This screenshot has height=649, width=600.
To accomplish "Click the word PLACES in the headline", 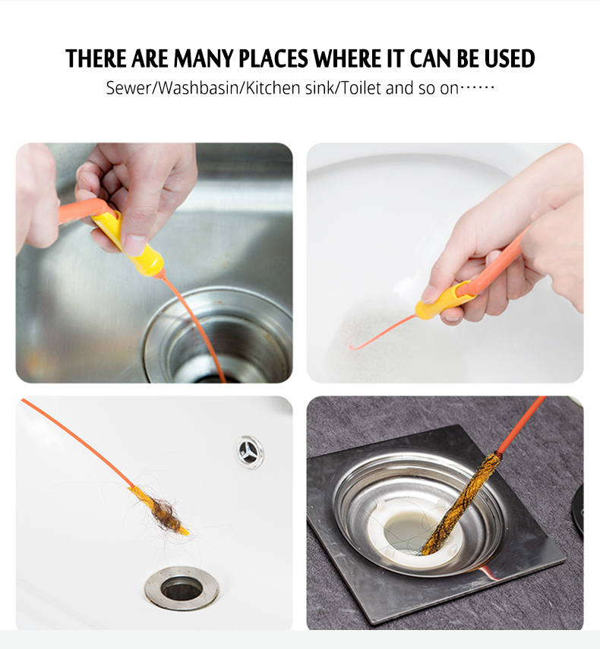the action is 273,58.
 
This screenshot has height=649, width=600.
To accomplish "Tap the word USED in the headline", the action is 510,58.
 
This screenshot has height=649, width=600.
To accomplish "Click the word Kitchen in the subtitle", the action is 273,88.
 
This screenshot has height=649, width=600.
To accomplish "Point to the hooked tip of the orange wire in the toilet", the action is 352,347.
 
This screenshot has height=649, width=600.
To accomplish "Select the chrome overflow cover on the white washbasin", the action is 249,452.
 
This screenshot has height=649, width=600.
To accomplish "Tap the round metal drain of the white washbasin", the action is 182,588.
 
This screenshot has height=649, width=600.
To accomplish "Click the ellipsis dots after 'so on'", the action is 478,87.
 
